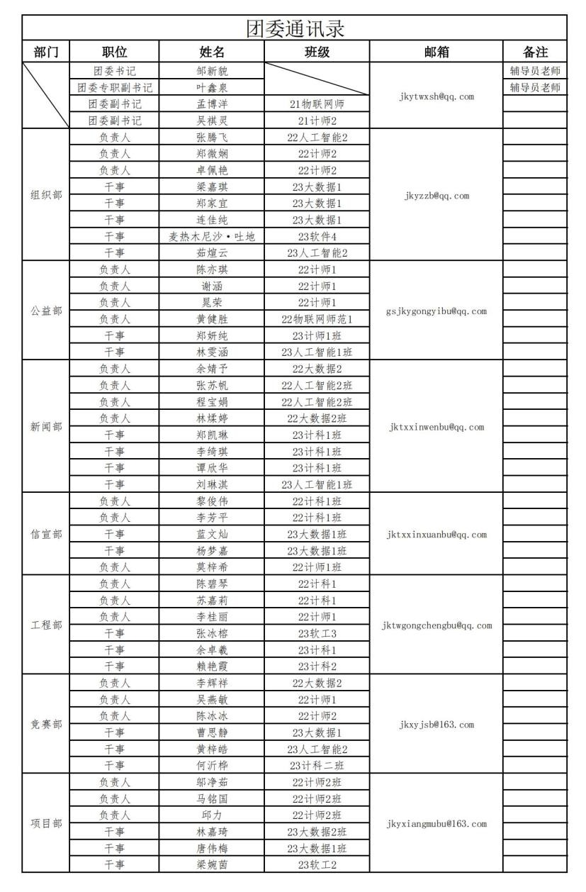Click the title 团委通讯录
(295, 28)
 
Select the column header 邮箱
(436, 52)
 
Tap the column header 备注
(535, 52)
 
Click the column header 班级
(317, 52)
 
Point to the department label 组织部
(46, 195)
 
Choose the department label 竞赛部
(46, 725)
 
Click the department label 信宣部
(46, 534)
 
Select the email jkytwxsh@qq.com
(436, 96)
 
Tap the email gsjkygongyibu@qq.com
(436, 311)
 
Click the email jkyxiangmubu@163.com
(436, 824)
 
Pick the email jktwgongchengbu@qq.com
(436, 625)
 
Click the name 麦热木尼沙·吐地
(212, 236)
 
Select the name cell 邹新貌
(212, 71)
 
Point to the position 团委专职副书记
(115, 88)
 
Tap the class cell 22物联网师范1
(317, 319)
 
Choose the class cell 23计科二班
(317, 766)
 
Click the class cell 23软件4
(317, 236)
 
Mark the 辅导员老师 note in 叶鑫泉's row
(535, 88)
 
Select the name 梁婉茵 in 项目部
(212, 864)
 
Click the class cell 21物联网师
(317, 104)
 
